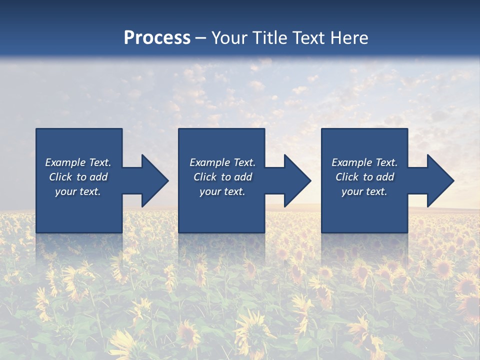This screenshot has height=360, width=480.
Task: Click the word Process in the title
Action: tap(157, 38)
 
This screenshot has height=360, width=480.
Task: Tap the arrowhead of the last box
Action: tap(439, 180)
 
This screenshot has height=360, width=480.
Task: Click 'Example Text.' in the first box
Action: tap(78, 162)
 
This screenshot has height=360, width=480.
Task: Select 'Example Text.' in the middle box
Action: tap(222, 162)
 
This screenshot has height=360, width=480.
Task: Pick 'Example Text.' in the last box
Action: tap(364, 162)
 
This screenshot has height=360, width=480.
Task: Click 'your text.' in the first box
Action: tap(78, 191)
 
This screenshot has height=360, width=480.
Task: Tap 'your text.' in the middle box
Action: tap(222, 191)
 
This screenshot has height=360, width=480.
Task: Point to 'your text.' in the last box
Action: tap(364, 191)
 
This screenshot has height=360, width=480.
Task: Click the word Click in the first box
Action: tap(60, 177)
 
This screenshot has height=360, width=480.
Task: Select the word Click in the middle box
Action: tap(205, 177)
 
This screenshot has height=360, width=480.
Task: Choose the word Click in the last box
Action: tap(347, 177)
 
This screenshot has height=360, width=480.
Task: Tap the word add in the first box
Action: tap(98, 177)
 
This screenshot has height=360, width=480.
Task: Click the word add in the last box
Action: tap(385, 177)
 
